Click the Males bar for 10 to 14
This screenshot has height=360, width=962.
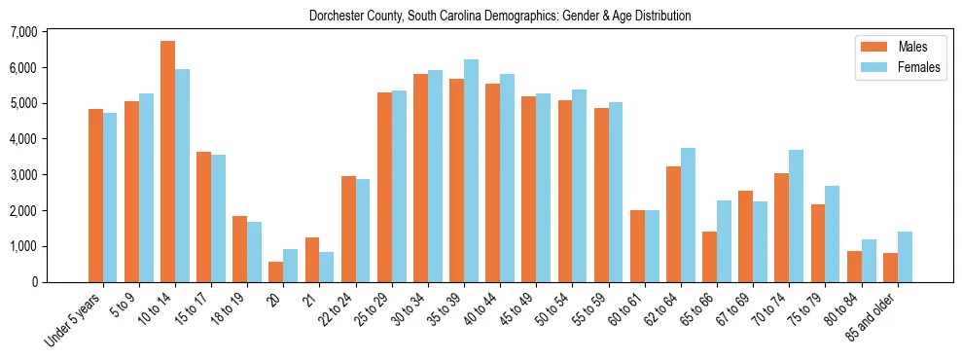click(x=167, y=162)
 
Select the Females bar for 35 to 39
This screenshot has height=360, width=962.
click(x=471, y=171)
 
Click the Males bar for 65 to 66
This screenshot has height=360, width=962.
click(x=709, y=257)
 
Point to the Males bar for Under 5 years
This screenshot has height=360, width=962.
click(x=95, y=196)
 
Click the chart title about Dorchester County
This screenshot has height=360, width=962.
click(x=500, y=16)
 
